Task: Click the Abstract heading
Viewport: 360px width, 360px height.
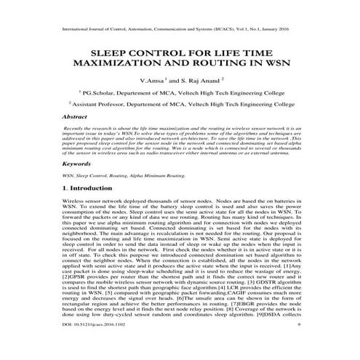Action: coord(76,116)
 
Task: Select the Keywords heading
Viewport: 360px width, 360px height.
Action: coord(77,164)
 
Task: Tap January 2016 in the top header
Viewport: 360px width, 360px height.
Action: coord(287,31)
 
